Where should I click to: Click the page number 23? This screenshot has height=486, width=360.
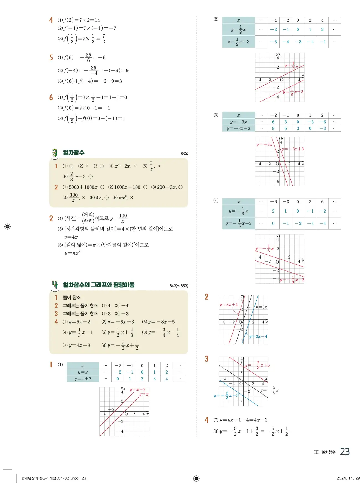click(x=345, y=452)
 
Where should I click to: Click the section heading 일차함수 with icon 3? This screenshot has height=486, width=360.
click(x=74, y=153)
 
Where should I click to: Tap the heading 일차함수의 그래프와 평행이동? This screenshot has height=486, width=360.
click(x=99, y=285)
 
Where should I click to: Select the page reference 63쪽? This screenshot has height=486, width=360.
click(x=184, y=154)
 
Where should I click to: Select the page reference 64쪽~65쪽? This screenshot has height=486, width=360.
click(x=178, y=286)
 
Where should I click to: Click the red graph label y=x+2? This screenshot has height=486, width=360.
click(x=137, y=390)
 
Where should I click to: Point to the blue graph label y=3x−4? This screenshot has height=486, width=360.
click(x=258, y=336)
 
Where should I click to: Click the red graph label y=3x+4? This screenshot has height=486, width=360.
click(x=229, y=304)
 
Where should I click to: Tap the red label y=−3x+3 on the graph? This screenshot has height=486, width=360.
click(x=293, y=149)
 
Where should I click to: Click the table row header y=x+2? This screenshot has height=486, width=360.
click(x=83, y=379)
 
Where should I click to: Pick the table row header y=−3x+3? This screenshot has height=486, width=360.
click(x=238, y=128)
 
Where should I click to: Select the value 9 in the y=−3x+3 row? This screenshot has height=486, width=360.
click(x=273, y=128)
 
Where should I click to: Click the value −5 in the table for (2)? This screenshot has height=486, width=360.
click(x=274, y=42)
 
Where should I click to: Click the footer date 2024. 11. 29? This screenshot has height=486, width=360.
click(x=348, y=478)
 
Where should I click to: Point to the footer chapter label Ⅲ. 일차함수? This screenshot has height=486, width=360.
click(x=325, y=452)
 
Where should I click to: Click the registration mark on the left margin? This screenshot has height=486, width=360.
click(x=7, y=226)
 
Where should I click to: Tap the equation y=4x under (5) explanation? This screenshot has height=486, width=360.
click(x=71, y=237)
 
